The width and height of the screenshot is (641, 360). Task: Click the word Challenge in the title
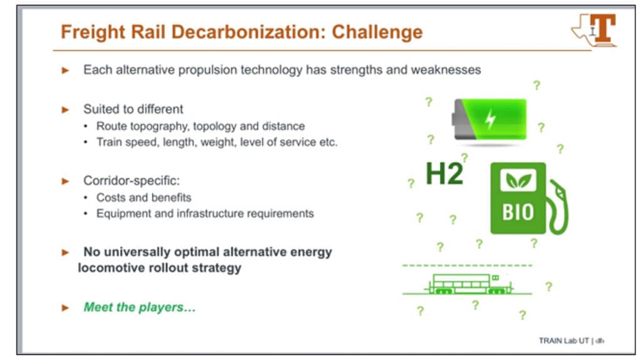[377, 33]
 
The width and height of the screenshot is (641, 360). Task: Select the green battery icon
[490, 119]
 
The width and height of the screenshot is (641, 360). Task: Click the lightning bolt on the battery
[490, 120]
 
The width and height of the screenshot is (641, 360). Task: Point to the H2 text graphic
[444, 174]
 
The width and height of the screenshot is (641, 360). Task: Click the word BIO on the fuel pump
[518, 212]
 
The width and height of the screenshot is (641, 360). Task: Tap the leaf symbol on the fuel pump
[518, 180]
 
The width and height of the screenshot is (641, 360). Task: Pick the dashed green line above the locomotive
[467, 265]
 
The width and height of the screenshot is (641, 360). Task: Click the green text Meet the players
[140, 307]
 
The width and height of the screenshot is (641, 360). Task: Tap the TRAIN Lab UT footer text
[564, 341]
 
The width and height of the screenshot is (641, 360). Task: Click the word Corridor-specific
[131, 180]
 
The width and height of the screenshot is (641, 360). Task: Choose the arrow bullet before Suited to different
[65, 110]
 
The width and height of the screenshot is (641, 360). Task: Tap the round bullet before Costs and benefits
[85, 198]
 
